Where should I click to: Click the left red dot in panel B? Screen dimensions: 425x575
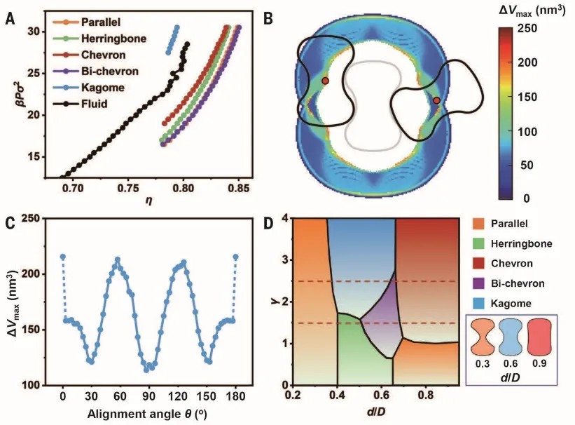[325, 81]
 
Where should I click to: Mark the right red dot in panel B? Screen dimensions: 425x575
[436, 100]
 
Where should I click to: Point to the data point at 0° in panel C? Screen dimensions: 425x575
[62, 257]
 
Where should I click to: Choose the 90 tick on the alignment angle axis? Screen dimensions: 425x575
[148, 396]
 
